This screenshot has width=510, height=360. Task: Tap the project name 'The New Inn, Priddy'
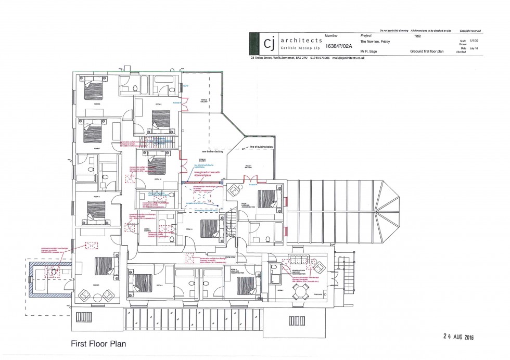[x=375, y=42]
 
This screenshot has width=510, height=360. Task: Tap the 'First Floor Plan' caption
[x=98, y=344]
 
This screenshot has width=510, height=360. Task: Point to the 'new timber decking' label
[x=212, y=152]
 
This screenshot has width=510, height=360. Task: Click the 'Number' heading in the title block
[x=331, y=36]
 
